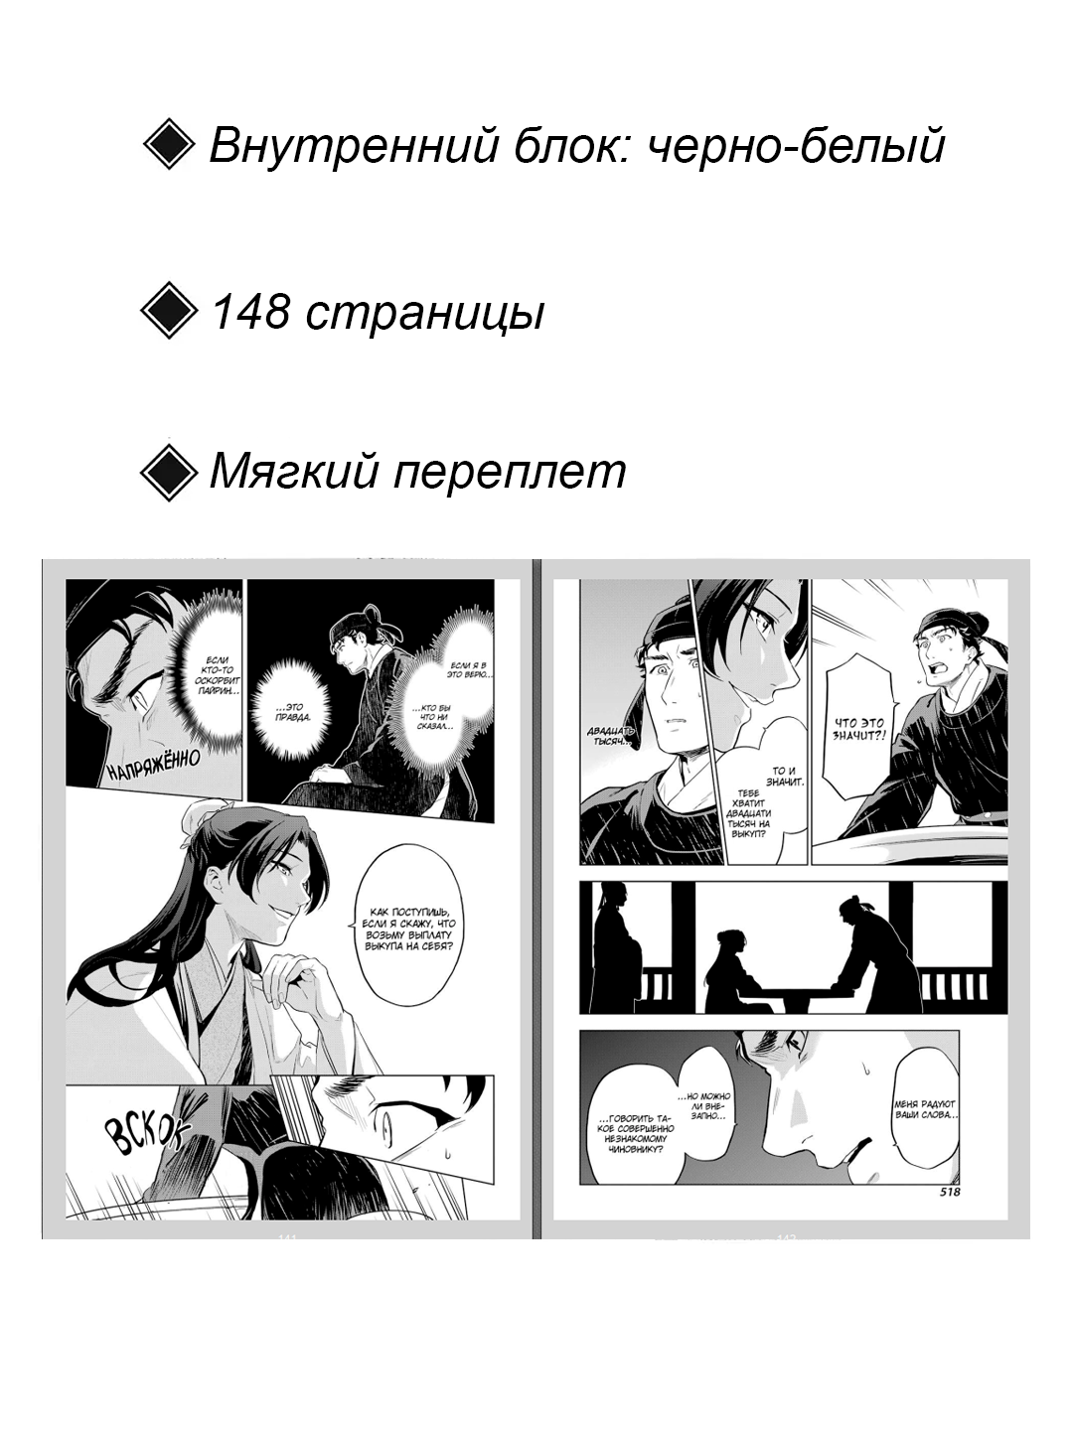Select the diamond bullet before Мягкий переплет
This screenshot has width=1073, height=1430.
tap(170, 471)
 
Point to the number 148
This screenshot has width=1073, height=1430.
tap(251, 314)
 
